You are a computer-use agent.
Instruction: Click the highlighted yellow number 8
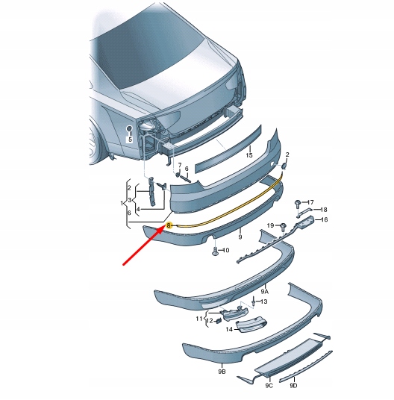click(169, 225)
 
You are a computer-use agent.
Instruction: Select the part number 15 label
click(249, 155)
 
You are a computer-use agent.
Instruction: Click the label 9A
click(264, 290)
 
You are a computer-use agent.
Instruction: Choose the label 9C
click(268, 385)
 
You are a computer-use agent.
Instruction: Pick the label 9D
click(293, 385)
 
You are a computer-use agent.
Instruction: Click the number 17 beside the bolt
click(311, 202)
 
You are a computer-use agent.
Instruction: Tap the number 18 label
click(323, 210)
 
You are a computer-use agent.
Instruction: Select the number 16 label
click(324, 220)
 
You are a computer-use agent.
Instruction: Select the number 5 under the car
click(128, 140)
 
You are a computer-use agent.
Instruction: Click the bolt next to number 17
click(298, 202)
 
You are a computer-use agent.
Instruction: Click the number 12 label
click(210, 321)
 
